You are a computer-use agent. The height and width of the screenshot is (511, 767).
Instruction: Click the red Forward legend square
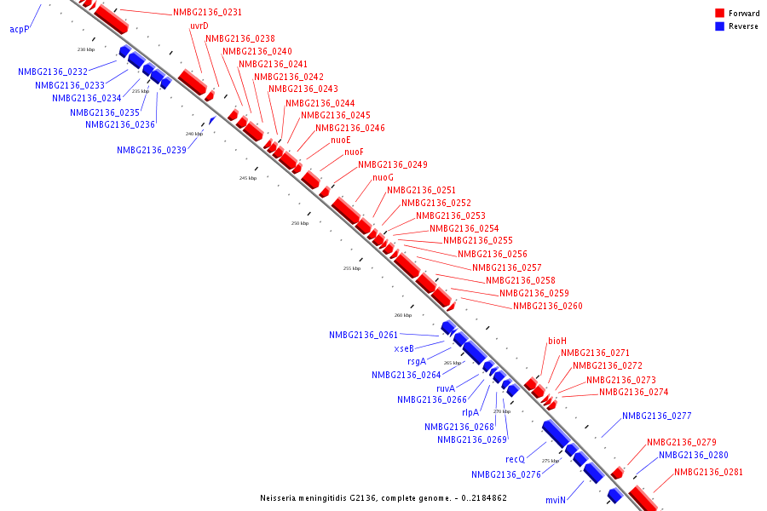(719, 13)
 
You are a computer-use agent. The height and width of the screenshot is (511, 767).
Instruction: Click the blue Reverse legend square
(719, 26)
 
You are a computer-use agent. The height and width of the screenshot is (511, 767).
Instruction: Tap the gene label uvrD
(199, 26)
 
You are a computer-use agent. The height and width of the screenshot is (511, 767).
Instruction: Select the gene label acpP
(20, 29)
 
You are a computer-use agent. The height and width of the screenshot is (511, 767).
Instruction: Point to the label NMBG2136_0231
(207, 13)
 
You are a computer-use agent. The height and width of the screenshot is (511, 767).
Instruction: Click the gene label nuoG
(383, 177)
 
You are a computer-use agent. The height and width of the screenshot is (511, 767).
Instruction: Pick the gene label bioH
(557, 341)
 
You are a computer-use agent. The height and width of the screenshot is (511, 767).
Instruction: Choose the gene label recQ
(515, 459)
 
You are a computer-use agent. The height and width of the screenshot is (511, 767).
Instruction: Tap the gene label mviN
(556, 501)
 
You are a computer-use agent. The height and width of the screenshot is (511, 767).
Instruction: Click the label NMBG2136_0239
(152, 151)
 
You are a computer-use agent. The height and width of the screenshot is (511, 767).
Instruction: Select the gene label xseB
(404, 348)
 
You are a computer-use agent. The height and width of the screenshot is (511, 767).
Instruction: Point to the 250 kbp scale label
(300, 223)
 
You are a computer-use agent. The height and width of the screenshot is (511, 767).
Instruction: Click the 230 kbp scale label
(86, 49)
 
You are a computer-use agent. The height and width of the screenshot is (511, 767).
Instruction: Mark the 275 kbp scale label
(551, 461)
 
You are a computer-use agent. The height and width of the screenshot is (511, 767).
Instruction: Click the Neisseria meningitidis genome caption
(383, 497)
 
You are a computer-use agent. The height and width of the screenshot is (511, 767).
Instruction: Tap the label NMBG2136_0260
(548, 306)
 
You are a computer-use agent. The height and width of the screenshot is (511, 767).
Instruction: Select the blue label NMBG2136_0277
(657, 416)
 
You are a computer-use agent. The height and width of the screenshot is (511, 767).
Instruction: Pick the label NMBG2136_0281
(709, 472)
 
